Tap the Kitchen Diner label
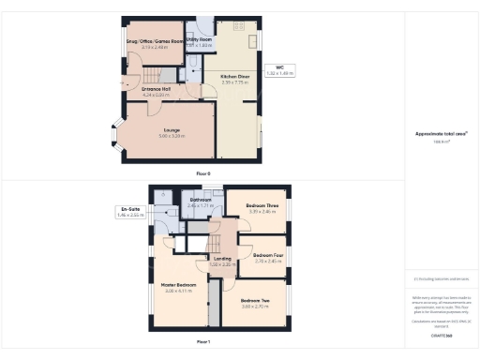[234, 76]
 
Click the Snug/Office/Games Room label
[154, 42]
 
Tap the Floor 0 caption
[203, 173]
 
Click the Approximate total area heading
[441, 133]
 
